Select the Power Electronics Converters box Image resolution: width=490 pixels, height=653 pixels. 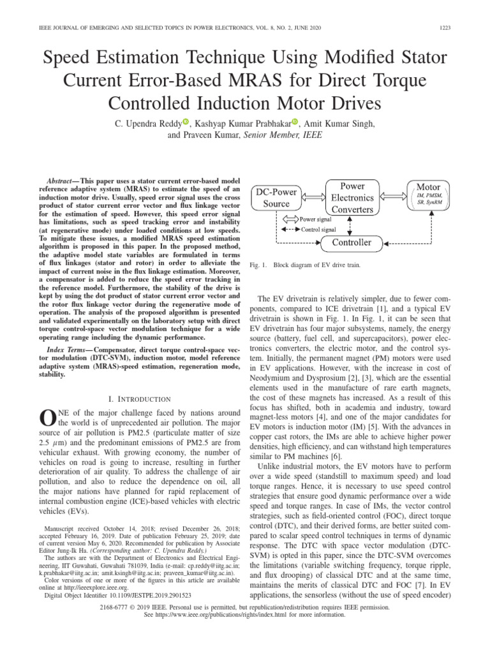click(353, 197)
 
